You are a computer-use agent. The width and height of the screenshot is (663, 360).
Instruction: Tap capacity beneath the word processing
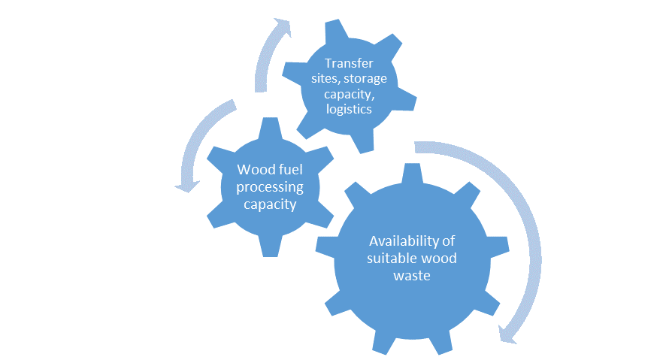point(267,204)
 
